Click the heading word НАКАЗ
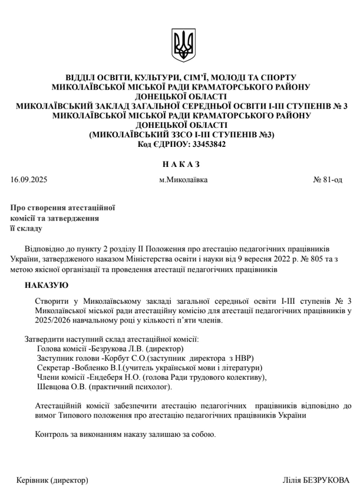pos(180,163)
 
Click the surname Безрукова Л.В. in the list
pos(117,349)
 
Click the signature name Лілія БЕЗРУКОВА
pos(316,479)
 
